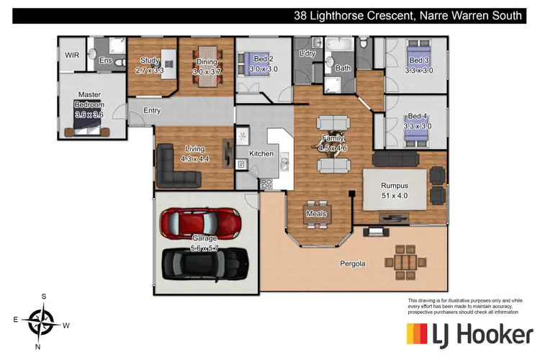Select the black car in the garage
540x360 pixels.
point(204,264)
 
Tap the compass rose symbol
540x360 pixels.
point(44,318)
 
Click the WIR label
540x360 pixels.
point(72,55)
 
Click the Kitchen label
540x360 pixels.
point(261,154)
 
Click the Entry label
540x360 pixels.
point(151,111)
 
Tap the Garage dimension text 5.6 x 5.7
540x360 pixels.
point(204,248)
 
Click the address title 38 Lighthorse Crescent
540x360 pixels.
point(407,16)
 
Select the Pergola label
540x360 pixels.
point(353,264)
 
